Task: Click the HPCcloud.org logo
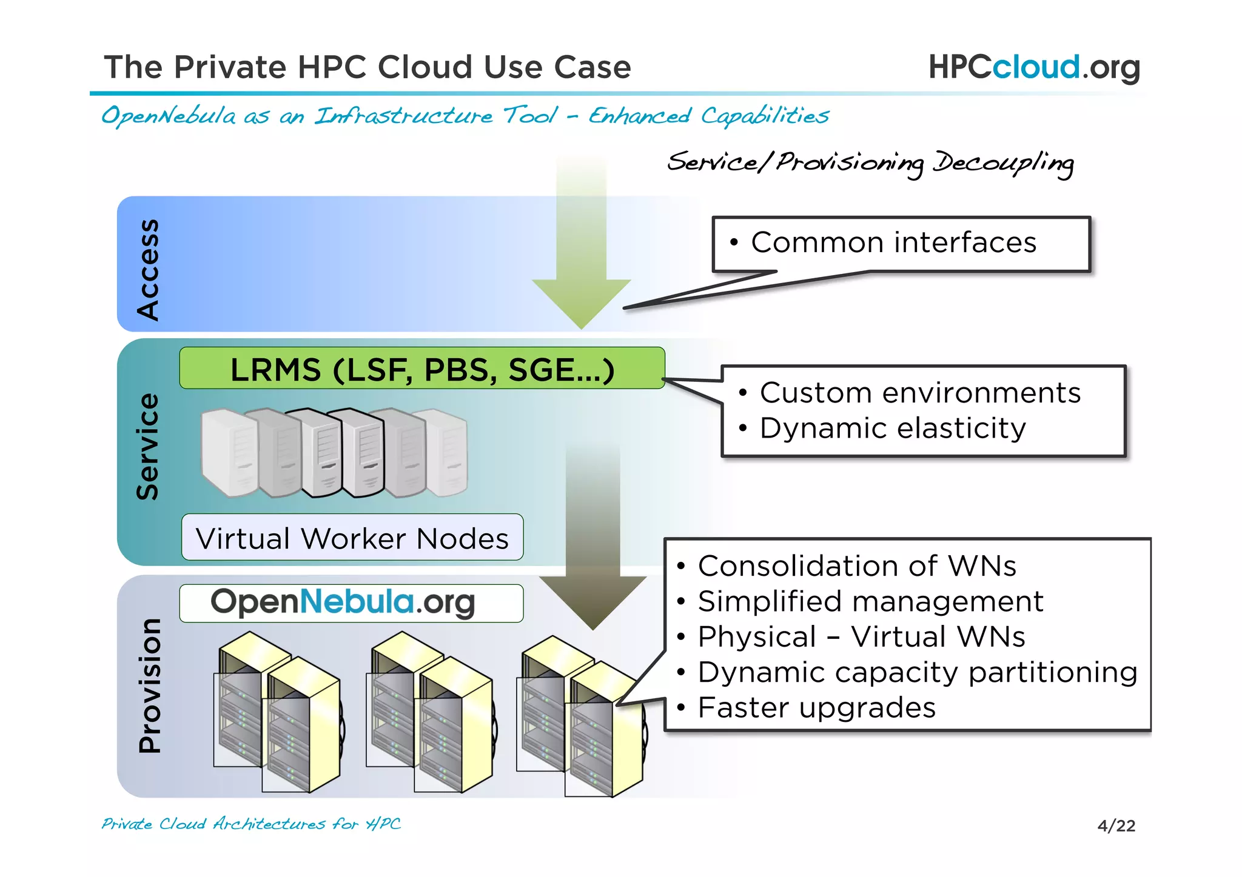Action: point(1034,67)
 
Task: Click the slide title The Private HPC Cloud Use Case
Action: point(368,67)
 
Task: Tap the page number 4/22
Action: point(1116,825)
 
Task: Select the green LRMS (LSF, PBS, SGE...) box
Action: point(422,368)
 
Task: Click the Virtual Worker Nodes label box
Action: point(352,538)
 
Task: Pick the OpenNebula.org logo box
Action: point(351,603)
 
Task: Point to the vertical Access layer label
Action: point(147,269)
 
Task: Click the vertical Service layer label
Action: point(147,447)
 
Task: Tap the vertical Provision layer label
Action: point(149,685)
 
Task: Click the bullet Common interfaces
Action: point(893,242)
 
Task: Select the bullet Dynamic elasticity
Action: point(892,428)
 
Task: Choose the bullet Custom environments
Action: point(919,393)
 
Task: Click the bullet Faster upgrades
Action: point(816,707)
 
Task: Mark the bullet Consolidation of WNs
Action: point(856,566)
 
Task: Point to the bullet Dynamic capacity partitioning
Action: point(917,672)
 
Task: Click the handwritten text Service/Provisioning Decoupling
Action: point(870,162)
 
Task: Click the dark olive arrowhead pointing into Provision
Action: point(593,600)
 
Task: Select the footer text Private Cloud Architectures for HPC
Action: point(251,824)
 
